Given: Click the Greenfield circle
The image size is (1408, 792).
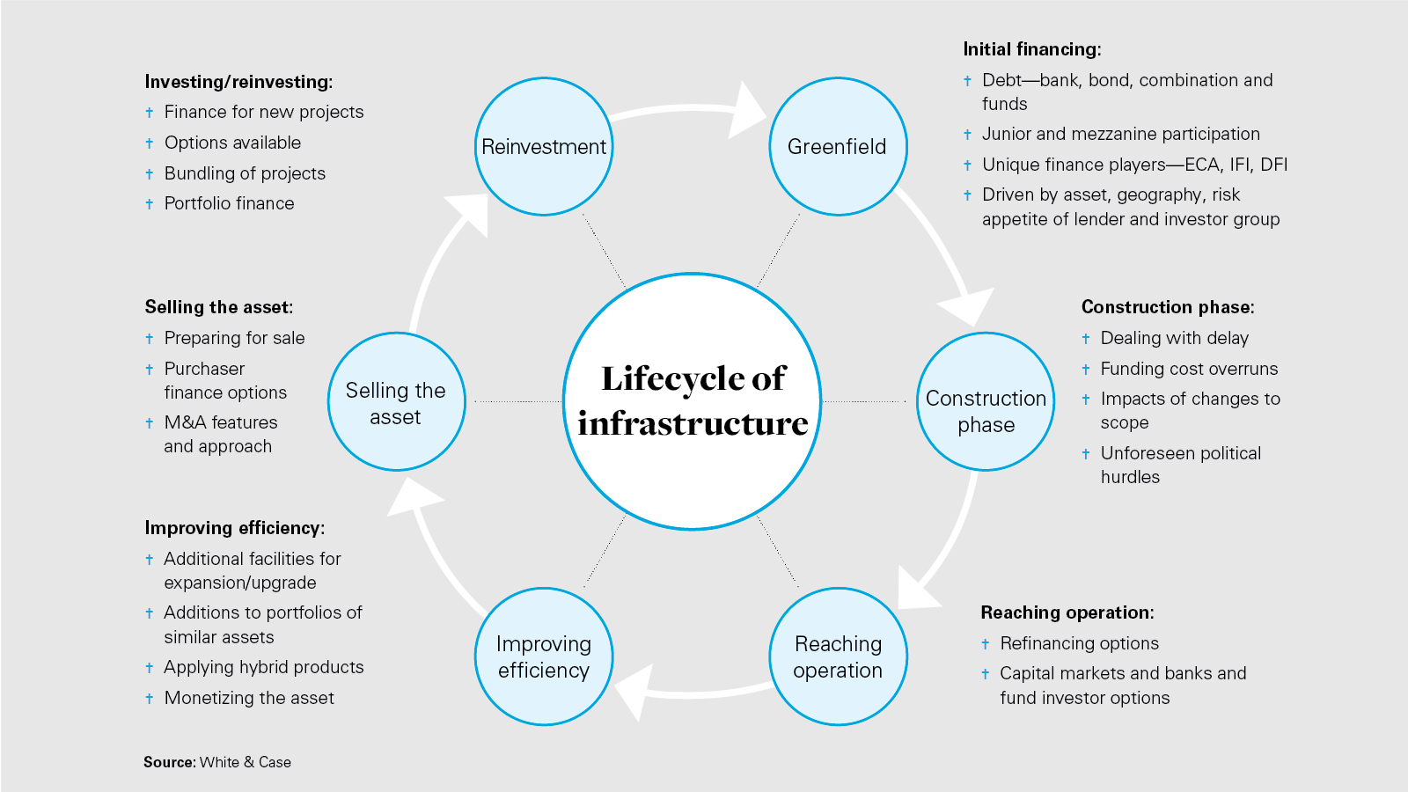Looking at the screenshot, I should click(x=837, y=146).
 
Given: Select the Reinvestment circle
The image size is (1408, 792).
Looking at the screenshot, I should click(x=544, y=146).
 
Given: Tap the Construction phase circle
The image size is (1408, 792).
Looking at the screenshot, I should click(x=986, y=401).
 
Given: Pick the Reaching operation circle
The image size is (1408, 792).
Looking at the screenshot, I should click(x=838, y=656).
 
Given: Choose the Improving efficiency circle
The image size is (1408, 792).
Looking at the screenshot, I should click(x=544, y=656).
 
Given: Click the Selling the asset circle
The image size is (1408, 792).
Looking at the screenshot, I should click(x=396, y=401).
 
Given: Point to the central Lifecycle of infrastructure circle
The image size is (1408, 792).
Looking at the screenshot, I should click(x=693, y=401).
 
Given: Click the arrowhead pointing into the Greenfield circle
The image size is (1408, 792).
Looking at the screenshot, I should click(x=750, y=110).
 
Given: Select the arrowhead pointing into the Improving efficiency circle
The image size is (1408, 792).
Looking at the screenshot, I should click(x=634, y=692).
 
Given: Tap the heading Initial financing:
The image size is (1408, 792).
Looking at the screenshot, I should click(x=1031, y=49).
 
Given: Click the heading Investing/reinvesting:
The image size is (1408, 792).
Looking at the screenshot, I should click(x=238, y=82).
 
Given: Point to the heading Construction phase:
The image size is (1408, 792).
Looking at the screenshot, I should click(x=1168, y=307).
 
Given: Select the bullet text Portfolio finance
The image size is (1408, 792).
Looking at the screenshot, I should click(x=229, y=203).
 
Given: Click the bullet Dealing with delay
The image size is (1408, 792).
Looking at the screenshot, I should click(x=1174, y=338).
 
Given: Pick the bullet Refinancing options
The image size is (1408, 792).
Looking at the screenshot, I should click(x=1079, y=643).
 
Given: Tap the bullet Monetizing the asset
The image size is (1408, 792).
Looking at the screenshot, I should click(x=249, y=698).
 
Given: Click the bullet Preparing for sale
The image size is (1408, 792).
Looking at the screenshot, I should click(x=234, y=338).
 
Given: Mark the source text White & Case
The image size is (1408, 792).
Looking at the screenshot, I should click(x=245, y=762).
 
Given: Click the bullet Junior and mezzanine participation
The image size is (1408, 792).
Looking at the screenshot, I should click(x=1121, y=134).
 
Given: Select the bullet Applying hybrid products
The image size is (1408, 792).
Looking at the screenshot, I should click(x=263, y=667).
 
